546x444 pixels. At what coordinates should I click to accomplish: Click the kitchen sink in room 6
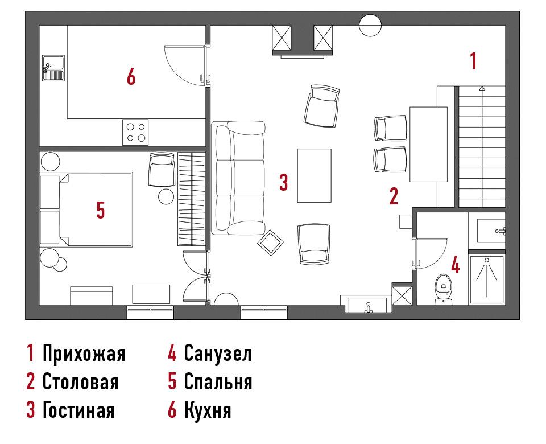click(x=53, y=68)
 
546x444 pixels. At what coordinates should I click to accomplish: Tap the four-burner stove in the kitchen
click(x=135, y=133)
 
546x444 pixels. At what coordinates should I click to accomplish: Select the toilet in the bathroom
click(x=443, y=290)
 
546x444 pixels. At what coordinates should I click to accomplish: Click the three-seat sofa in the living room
click(x=238, y=178)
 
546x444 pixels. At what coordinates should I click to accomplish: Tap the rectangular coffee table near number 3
click(x=314, y=176)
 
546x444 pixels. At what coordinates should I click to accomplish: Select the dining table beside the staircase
click(x=428, y=144)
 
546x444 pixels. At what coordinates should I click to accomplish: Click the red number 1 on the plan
click(x=473, y=61)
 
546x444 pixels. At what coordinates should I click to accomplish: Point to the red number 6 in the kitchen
click(x=131, y=76)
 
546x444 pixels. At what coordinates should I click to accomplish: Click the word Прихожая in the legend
click(x=84, y=353)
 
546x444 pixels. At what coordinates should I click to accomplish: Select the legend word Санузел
click(x=218, y=353)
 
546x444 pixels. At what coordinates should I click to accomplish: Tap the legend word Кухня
click(x=208, y=409)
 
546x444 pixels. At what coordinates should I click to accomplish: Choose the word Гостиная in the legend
click(x=78, y=409)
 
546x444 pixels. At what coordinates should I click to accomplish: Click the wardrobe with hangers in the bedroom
click(x=192, y=199)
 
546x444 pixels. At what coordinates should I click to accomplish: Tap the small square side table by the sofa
click(x=271, y=242)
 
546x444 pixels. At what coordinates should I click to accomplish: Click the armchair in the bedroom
click(x=162, y=170)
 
